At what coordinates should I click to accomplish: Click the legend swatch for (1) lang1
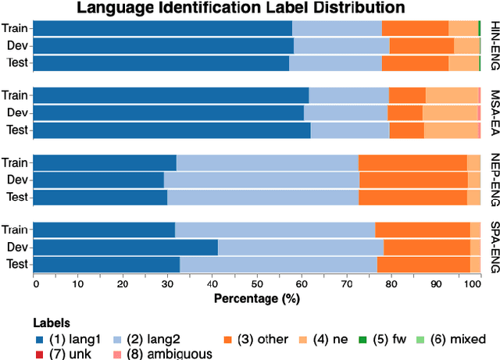pyautogui.click(x=40, y=340)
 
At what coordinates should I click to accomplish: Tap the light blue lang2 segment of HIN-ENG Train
pyautogui.click(x=337, y=28)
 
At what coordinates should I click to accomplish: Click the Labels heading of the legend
pyautogui.click(x=52, y=323)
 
